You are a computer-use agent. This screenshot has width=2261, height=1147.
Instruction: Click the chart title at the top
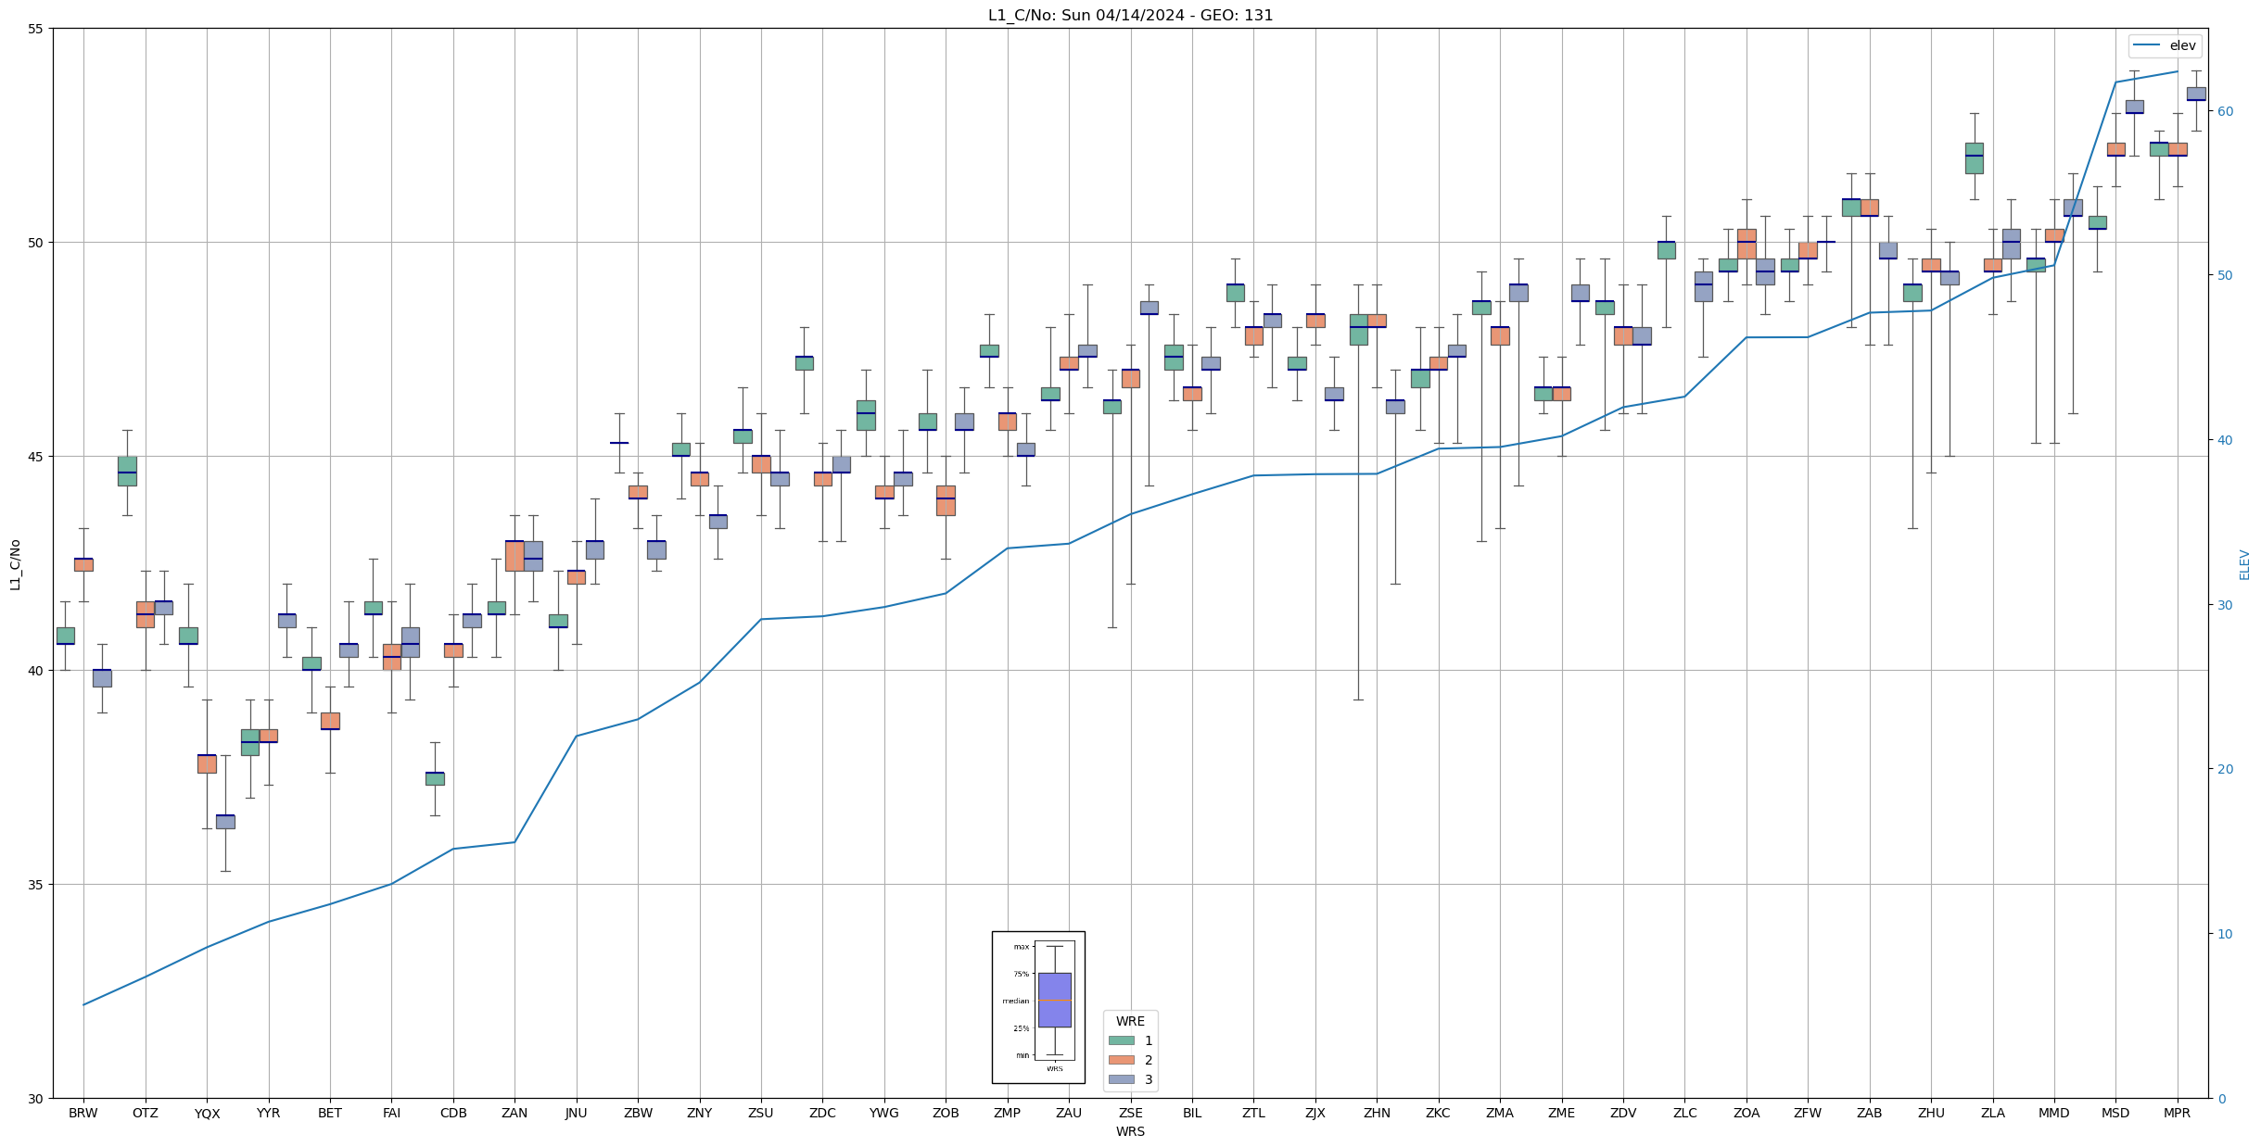1130,15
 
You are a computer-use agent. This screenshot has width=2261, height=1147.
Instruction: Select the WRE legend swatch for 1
1121,1040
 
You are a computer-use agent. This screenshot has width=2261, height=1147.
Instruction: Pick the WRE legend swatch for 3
1121,1079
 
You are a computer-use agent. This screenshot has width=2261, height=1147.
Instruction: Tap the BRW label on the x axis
83,1113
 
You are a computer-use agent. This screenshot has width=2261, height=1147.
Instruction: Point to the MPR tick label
2177,1113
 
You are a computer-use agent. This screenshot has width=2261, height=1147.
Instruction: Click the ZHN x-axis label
1377,1113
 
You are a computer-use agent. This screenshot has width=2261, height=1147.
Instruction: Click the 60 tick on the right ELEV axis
2225,111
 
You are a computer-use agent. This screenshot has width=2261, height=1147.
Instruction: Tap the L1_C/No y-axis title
15,563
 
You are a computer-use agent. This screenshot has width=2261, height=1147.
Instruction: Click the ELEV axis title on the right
2244,563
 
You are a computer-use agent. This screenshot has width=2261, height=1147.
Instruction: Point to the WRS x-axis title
1130,1131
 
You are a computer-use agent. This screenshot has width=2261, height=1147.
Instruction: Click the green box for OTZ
127,471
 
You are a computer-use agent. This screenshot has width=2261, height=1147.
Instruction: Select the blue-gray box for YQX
225,822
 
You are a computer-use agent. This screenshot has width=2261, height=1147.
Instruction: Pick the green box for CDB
435,778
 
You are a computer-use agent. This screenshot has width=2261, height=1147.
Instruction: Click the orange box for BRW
83,564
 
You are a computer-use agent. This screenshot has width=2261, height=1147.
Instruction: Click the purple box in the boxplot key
1054,1000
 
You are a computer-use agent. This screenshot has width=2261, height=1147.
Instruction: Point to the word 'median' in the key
1015,1001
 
